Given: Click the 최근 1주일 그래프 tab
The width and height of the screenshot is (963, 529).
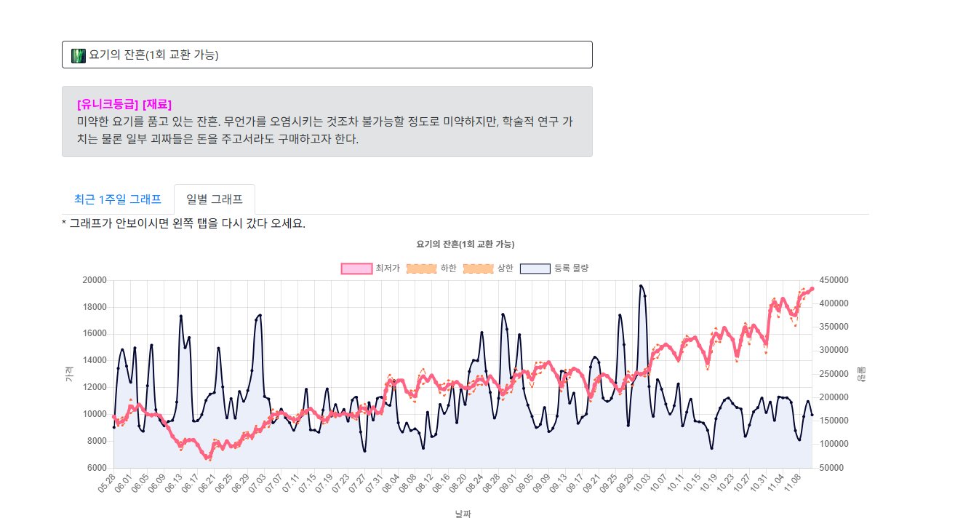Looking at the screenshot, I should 117,199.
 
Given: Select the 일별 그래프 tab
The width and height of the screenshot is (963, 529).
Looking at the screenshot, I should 215,199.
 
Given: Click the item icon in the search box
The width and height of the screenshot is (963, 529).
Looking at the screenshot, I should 79,55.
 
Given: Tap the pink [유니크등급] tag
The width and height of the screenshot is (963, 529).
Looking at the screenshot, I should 108,104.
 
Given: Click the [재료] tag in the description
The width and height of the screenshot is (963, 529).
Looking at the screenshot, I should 157,104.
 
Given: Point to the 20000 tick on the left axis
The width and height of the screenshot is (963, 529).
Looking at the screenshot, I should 95,280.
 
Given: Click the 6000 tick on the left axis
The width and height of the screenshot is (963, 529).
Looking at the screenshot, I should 97,468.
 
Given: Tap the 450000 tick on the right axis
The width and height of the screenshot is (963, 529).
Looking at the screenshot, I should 833,280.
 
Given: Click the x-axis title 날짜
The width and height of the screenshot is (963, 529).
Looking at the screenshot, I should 463,514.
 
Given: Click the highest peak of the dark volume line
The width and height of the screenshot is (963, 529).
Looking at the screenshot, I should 641,286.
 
